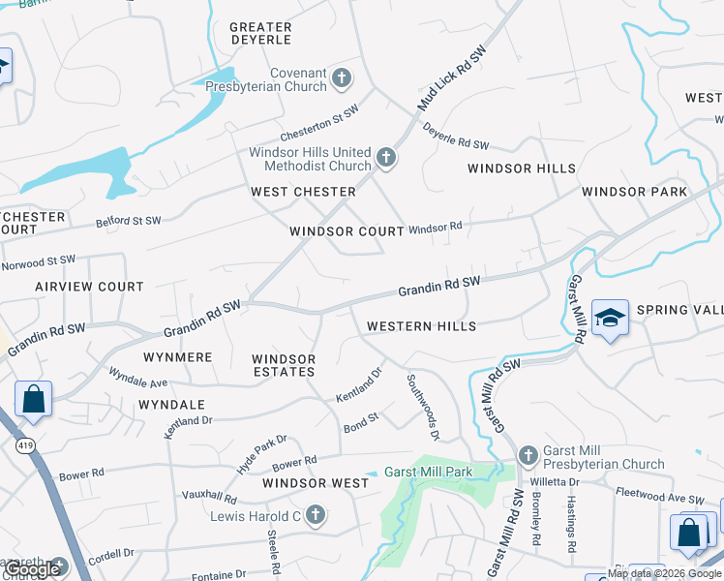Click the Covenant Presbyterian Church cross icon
pyautogui.click(x=341, y=77)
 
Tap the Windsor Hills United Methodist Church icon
pyautogui.click(x=386, y=158)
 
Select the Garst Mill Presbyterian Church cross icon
pyautogui.click(x=528, y=455)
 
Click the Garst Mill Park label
pyautogui.click(x=428, y=473)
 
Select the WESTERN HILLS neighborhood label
pyautogui.click(x=421, y=326)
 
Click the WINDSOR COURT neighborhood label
pyautogui.click(x=347, y=231)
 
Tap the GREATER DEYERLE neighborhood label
pyautogui.click(x=261, y=34)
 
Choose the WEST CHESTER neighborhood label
pyautogui.click(x=304, y=192)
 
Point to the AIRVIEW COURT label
pyautogui.click(x=89, y=287)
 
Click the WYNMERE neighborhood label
pyautogui.click(x=177, y=357)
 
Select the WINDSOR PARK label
pyautogui.click(x=635, y=192)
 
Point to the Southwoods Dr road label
pyautogui.click(x=423, y=408)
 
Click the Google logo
pyautogui.click(x=33, y=569)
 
